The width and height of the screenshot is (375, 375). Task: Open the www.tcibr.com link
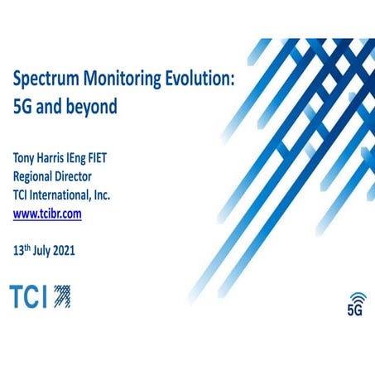pos(46,214)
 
